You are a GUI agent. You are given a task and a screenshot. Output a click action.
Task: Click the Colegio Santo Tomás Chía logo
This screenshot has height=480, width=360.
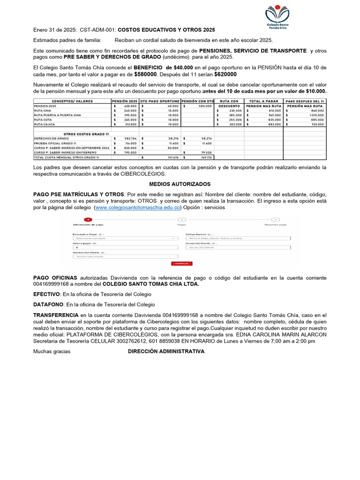(277, 16)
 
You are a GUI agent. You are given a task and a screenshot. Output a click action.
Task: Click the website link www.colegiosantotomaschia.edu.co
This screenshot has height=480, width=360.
(137, 207)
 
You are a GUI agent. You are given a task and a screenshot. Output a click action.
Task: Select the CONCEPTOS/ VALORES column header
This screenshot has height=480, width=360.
(72, 101)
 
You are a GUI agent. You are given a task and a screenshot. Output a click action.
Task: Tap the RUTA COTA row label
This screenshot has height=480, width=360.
(43, 120)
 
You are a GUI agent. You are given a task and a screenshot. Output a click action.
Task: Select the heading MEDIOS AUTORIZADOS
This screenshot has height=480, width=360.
(180, 184)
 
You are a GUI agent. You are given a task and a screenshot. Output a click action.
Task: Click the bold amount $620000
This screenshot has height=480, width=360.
(225, 74)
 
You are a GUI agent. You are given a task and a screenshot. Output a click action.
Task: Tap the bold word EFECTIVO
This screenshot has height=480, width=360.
(46, 294)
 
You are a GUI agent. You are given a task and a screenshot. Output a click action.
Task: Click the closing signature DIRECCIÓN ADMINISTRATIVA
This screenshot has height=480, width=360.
(166, 351)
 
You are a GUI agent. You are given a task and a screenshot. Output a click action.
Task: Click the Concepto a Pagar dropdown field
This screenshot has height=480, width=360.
(125, 238)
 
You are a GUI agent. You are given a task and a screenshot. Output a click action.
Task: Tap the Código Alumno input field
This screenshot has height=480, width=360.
(238, 238)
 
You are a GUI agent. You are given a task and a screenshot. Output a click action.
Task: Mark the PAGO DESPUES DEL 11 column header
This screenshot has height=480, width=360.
(305, 101)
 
